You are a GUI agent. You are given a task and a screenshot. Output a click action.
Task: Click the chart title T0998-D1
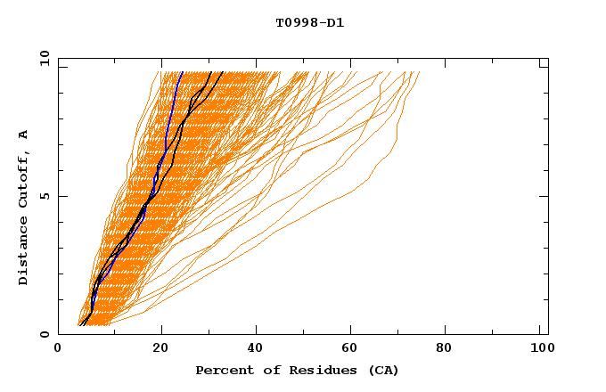point(310,23)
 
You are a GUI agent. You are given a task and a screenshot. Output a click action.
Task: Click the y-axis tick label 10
point(44,59)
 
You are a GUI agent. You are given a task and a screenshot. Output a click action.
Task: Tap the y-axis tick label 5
point(44,196)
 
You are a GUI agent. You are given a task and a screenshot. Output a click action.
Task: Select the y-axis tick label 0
point(44,334)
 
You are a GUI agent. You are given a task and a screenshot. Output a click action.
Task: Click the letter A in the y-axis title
point(24,135)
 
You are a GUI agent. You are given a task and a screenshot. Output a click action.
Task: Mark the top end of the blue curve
point(183,72)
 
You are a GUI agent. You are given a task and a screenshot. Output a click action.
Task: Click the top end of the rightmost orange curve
point(419,72)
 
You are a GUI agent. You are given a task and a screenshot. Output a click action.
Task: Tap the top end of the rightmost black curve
point(223,72)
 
